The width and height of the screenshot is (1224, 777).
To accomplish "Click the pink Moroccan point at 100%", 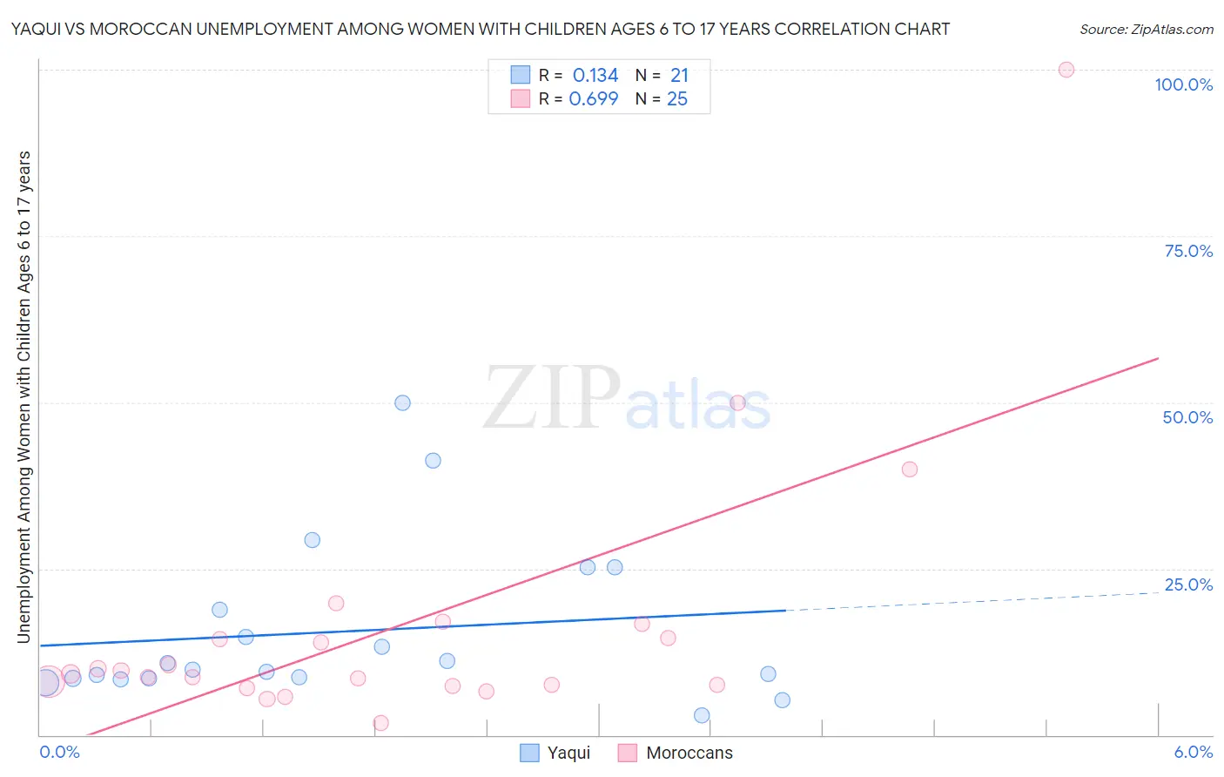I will coord(1066,70).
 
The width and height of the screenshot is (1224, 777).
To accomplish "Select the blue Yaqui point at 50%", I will coord(402,402).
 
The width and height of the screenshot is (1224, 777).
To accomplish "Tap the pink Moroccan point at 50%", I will coord(737,402).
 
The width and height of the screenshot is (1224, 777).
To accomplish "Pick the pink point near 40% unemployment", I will coord(910,470).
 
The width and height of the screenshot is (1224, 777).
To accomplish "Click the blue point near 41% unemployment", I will coord(433,461).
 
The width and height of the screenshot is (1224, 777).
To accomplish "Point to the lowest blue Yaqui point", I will coord(702,715).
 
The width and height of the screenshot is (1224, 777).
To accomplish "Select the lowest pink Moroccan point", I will coord(380,723).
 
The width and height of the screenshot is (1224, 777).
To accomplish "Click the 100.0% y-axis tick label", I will coord(1183,84).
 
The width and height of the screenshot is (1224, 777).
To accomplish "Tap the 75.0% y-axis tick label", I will coord(1188,251).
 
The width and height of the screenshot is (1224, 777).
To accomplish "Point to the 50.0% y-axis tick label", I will coord(1187,417).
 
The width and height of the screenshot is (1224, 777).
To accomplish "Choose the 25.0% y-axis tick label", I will coord(1188,584).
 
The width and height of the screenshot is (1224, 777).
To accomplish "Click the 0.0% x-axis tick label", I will coord(59,753).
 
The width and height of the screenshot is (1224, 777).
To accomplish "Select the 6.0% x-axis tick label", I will coord(1193,753).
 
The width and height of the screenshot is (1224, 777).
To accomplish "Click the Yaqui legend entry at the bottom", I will coord(555,753).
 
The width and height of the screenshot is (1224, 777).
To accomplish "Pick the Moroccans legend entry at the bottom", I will coord(676,753).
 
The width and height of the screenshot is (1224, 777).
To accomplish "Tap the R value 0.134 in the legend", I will coord(595,76).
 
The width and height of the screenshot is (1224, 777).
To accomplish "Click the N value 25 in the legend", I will coord(677,99).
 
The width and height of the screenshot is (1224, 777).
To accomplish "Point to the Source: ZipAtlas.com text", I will coord(1146,29).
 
